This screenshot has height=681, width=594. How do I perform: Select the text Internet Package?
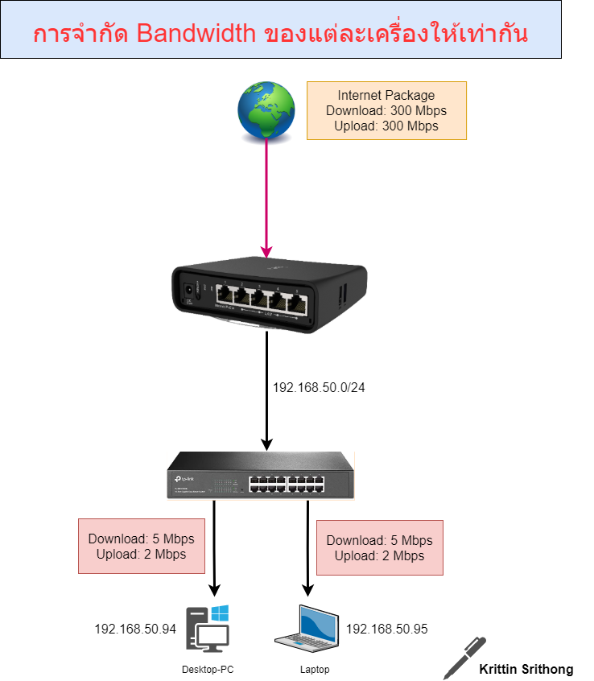pyautogui.click(x=386, y=95)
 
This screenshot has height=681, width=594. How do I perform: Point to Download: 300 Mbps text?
pyautogui.click(x=386, y=110)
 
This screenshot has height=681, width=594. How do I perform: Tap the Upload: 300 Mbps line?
pyautogui.click(x=386, y=126)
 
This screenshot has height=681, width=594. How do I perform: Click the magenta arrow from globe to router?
pyautogui.click(x=267, y=193)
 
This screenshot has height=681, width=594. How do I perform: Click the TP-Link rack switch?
pyautogui.click(x=259, y=478)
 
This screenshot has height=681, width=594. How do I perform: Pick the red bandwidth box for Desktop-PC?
pyautogui.click(x=142, y=547)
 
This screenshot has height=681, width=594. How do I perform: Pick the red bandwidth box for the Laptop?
pyautogui.click(x=380, y=547)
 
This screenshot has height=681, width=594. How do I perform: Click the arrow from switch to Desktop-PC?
pyautogui.click(x=214, y=547)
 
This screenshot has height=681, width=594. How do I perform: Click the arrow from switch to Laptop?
pyautogui.click(x=307, y=547)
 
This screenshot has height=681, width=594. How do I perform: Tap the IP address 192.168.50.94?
pyautogui.click(x=135, y=629)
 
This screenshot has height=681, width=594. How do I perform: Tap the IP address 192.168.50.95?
pyautogui.click(x=386, y=629)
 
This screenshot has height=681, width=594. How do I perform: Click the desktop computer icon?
pyautogui.click(x=208, y=629)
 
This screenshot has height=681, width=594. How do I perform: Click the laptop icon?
pyautogui.click(x=308, y=629)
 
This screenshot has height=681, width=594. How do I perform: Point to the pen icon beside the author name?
pyautogui.click(x=465, y=657)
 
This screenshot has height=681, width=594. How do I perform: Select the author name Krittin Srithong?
pyautogui.click(x=526, y=669)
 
